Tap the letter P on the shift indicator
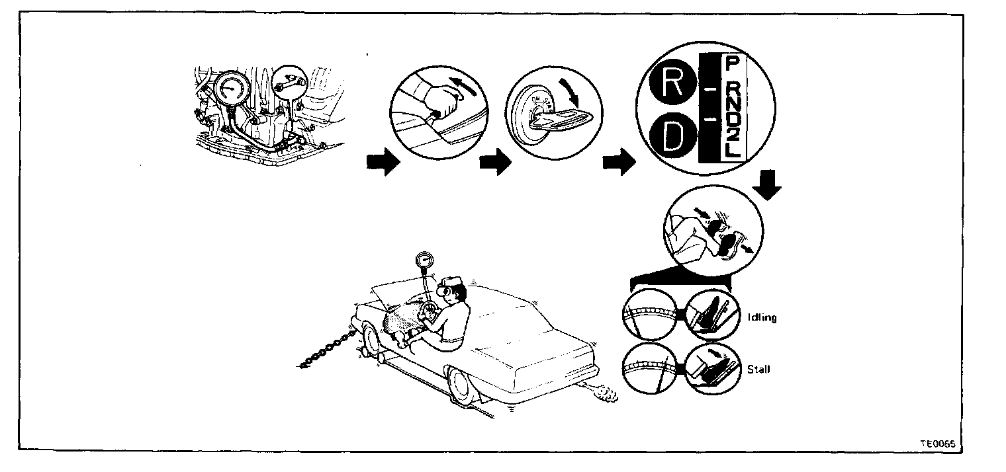point(732,64)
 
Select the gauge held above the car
point(424,262)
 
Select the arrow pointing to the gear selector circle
point(615,163)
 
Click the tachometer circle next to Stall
point(649,369)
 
